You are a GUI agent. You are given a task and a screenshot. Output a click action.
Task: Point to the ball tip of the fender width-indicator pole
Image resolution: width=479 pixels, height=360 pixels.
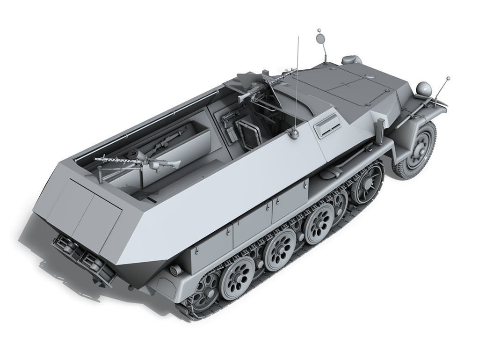[x=448, y=78]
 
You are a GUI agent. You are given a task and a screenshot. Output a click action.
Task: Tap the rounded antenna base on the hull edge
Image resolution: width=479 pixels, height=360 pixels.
[x=294, y=134]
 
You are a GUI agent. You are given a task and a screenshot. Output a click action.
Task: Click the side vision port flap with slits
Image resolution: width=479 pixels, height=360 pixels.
[x=327, y=125]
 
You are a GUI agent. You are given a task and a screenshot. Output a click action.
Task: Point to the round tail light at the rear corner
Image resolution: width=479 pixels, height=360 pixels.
[x=176, y=271]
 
